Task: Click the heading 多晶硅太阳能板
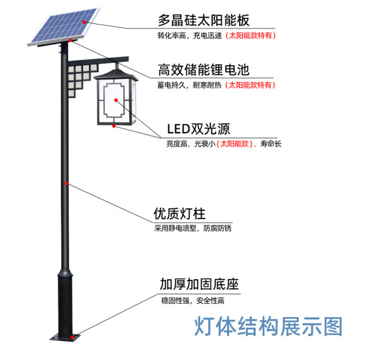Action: click(204, 20)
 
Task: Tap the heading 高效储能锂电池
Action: click(204, 69)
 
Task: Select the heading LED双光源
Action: click(199, 129)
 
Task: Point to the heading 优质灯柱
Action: click(180, 213)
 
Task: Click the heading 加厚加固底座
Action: click(199, 284)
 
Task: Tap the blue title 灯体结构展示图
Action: click(268, 327)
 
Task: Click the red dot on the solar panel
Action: click(84, 22)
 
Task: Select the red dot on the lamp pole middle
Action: click(67, 183)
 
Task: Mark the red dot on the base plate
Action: click(73, 337)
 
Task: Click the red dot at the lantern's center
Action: click(116, 100)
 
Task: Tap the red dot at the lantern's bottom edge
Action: click(114, 126)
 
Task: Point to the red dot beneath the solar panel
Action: click(70, 40)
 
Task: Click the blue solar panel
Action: click(64, 27)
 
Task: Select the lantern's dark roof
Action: click(116, 75)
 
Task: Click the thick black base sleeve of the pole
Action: click(65, 304)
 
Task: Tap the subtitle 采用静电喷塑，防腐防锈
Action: click(193, 228)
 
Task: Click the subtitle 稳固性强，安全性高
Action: click(193, 301)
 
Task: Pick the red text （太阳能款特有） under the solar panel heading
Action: click(250, 35)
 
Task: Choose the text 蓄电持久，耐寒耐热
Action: click(189, 85)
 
